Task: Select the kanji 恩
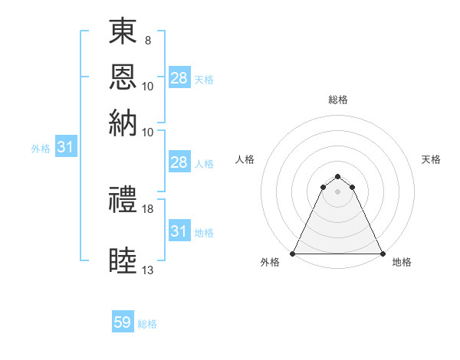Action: click(123, 77)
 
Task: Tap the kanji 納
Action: click(123, 122)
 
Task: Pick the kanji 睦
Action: click(123, 260)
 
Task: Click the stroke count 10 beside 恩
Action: click(148, 86)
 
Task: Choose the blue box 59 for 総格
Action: click(123, 322)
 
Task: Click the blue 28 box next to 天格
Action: click(179, 78)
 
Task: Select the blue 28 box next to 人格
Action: click(179, 162)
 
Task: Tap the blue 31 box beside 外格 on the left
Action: click(64, 148)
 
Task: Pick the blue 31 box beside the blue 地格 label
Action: click(179, 231)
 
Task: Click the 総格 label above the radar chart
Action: click(338, 100)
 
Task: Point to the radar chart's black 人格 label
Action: click(245, 159)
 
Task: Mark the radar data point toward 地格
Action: click(382, 254)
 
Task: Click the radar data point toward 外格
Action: click(294, 254)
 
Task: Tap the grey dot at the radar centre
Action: click(338, 191)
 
